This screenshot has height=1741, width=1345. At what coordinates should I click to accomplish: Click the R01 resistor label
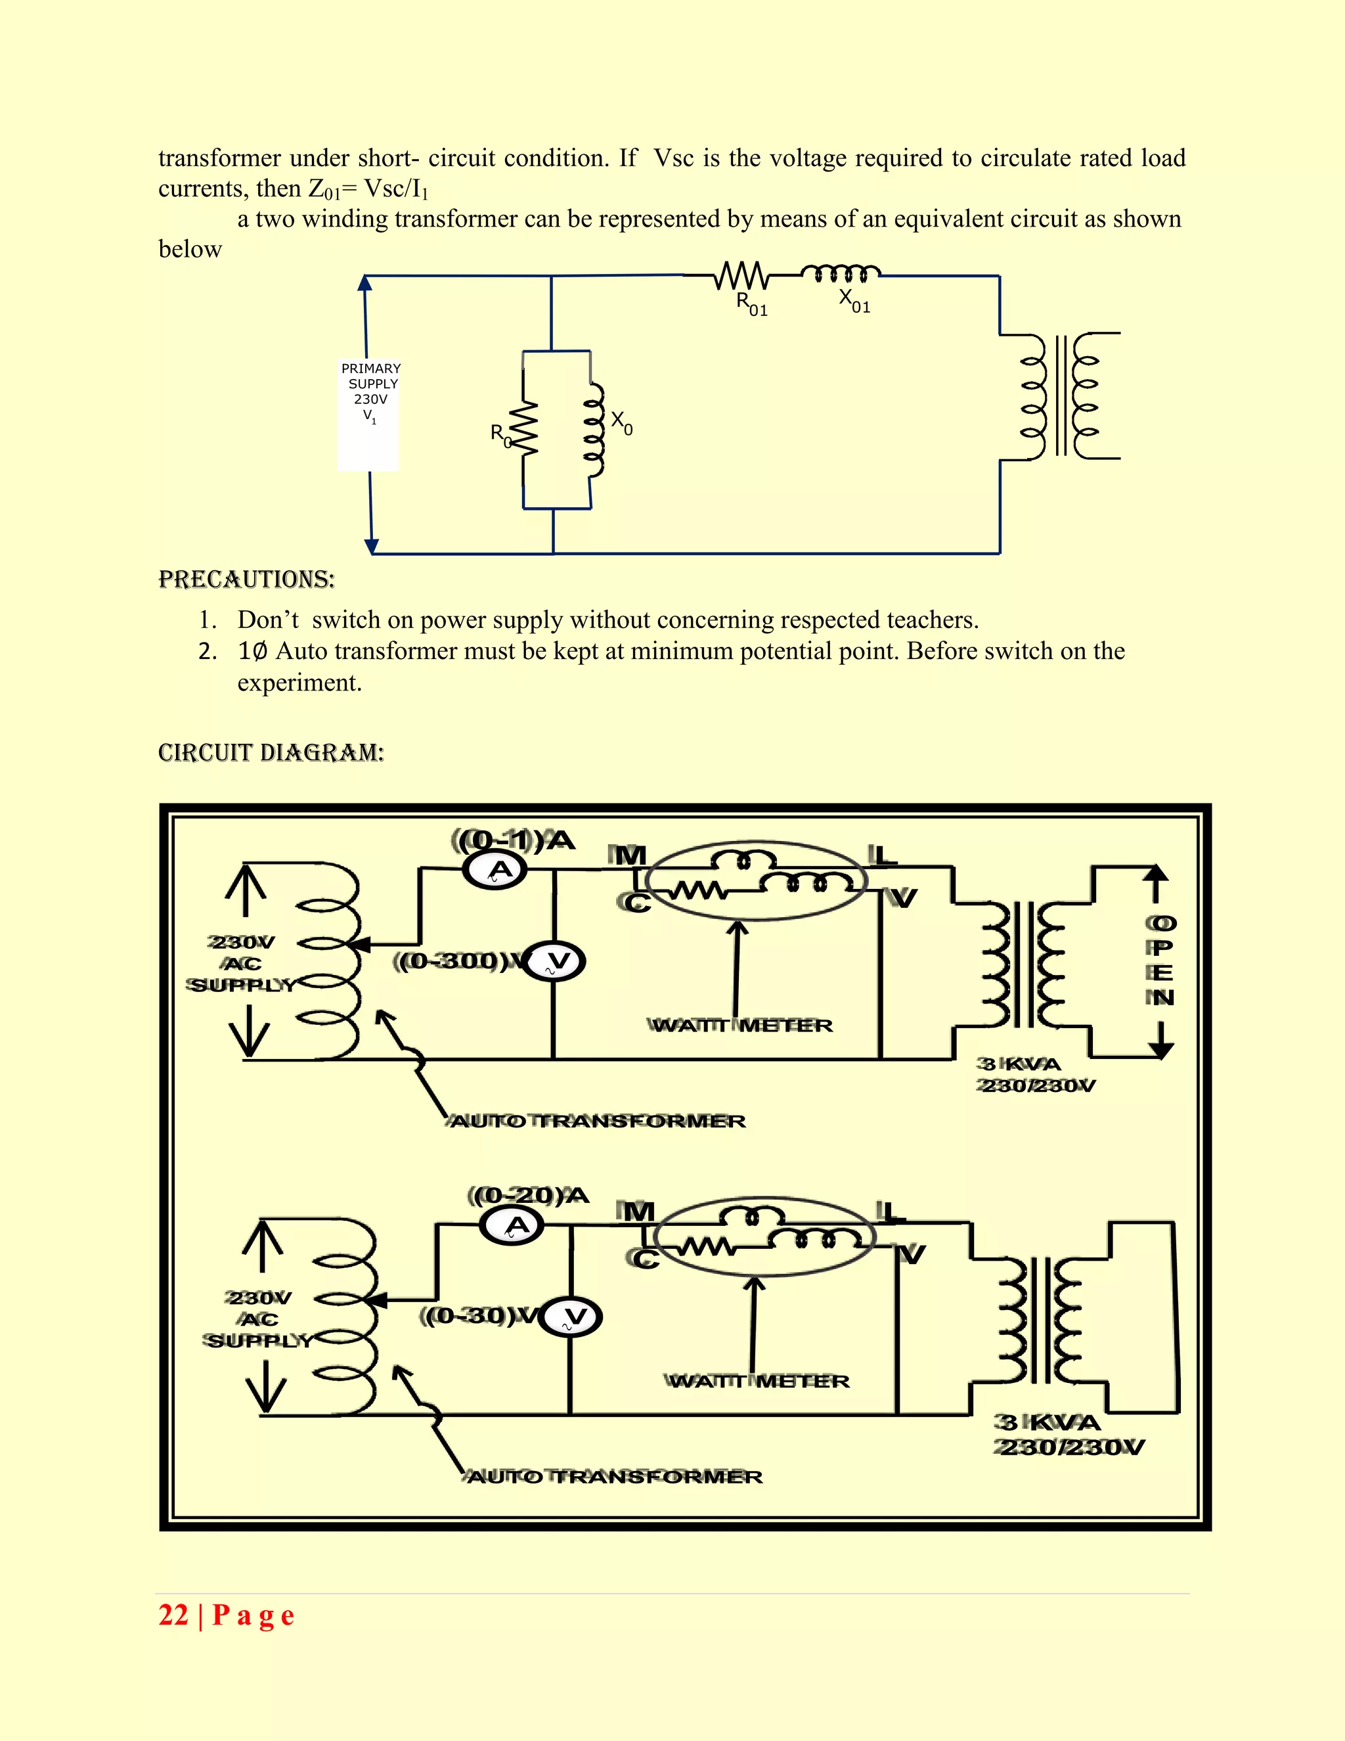[x=751, y=304]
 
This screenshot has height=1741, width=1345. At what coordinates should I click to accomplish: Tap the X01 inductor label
[x=854, y=302]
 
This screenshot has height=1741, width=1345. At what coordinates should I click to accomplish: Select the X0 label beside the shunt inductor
[x=621, y=422]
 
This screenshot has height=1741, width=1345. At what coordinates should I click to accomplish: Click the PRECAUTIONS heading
[x=246, y=579]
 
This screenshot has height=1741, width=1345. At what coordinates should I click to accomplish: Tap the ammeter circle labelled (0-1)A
[x=496, y=870]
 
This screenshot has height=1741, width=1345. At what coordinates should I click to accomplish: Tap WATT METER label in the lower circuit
[x=758, y=1382]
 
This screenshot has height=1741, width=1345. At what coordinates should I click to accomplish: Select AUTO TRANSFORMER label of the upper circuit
[x=598, y=1121]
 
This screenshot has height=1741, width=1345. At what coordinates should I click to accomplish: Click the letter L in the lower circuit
[x=891, y=1213]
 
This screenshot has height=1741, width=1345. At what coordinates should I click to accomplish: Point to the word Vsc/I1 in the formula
[x=396, y=189]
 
